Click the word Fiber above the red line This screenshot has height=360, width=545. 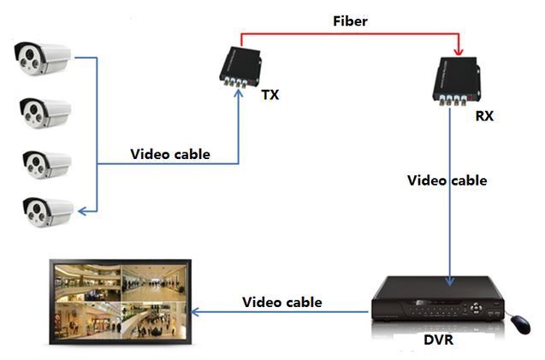click(x=351, y=21)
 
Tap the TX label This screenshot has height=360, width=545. click(x=270, y=94)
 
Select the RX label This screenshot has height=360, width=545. click(x=484, y=115)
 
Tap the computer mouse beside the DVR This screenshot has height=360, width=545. click(x=519, y=324)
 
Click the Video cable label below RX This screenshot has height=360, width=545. click(x=447, y=180)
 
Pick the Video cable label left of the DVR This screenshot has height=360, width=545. click(x=282, y=302)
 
